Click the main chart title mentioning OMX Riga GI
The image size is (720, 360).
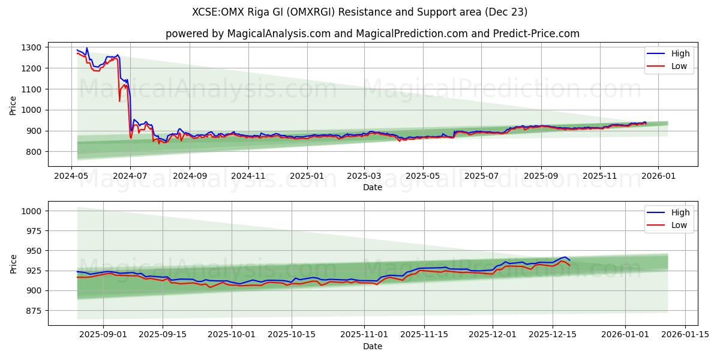tap(360, 12)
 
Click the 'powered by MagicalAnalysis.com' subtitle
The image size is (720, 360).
tap(373, 34)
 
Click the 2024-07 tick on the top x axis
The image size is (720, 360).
tap(130, 176)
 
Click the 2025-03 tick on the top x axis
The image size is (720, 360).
tap(364, 176)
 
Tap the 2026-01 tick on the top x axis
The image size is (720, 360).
tap(658, 176)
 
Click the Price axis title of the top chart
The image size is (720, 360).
tap(13, 105)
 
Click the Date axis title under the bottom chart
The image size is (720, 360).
tap(373, 346)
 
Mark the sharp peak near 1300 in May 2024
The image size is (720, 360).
tap(87, 48)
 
